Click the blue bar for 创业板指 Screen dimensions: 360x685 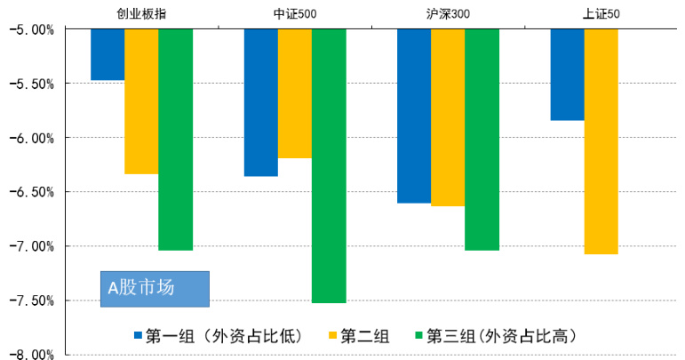pyautogui.click(x=108, y=54)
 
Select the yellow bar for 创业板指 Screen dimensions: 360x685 pyautogui.click(x=141, y=101)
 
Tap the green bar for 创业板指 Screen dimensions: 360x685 pyautogui.click(x=175, y=140)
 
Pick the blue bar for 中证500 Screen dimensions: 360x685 pyautogui.click(x=261, y=102)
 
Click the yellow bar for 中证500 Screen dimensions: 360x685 pyautogui.click(x=295, y=93)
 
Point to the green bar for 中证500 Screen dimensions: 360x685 pyautogui.click(x=329, y=165)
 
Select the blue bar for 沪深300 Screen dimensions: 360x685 pyautogui.click(x=414, y=116)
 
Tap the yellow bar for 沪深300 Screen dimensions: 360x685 pyautogui.click(x=448, y=117)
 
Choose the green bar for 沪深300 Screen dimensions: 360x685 pyautogui.click(x=482, y=140)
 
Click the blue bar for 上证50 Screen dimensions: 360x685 pyautogui.click(x=567, y=75)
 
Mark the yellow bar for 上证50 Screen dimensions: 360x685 pyautogui.click(x=601, y=141)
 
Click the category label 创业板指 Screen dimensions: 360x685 pyautogui.click(x=141, y=13)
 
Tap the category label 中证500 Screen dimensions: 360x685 pyautogui.click(x=295, y=13)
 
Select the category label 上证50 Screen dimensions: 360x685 pyautogui.click(x=601, y=13)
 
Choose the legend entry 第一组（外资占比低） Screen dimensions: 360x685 pyautogui.click(x=219, y=335)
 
